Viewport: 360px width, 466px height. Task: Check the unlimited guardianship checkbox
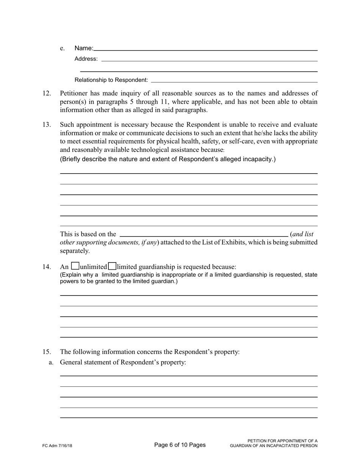pyautogui.click(x=75, y=266)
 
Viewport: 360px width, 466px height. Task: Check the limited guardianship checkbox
pyautogui.click(x=112, y=266)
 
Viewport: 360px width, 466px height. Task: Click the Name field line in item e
pyautogui.click(x=205, y=49)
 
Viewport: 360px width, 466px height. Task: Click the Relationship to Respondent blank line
pyautogui.click(x=234, y=81)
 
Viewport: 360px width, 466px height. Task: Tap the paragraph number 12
pyautogui.click(x=46, y=93)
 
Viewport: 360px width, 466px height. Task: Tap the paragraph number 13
pyautogui.click(x=46, y=125)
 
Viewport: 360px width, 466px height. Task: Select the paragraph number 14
pyautogui.click(x=46, y=267)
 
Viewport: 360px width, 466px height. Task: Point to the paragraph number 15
pyautogui.click(x=46, y=352)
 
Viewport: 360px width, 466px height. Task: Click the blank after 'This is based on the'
pyautogui.click(x=203, y=235)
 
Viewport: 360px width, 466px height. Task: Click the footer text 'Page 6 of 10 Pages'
pyautogui.click(x=180, y=445)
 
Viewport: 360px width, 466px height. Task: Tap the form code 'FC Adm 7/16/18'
pyautogui.click(x=57, y=446)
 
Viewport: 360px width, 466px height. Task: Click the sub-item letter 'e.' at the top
pyautogui.click(x=63, y=48)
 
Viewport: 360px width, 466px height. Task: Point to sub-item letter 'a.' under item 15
pyautogui.click(x=51, y=363)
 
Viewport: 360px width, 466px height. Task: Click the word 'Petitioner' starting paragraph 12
pyautogui.click(x=74, y=93)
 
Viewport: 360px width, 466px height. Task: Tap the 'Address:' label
pyautogui.click(x=86, y=59)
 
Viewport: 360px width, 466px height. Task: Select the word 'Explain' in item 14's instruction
pyautogui.click(x=72, y=275)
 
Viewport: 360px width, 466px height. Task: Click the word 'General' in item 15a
pyautogui.click(x=71, y=362)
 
